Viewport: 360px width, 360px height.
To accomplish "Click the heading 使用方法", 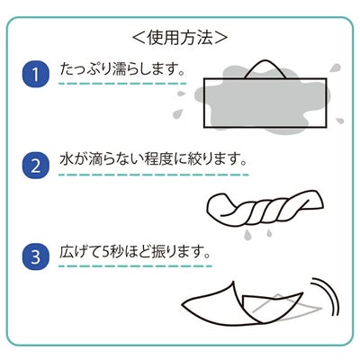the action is point(180,38).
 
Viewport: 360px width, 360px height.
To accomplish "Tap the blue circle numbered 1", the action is point(35,74).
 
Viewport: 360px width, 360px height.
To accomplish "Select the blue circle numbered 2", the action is point(35,166).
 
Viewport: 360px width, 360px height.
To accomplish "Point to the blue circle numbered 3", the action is point(35,256).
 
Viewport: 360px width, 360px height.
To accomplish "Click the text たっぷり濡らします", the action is point(118,69).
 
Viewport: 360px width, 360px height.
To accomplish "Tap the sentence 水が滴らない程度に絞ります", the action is point(149,159).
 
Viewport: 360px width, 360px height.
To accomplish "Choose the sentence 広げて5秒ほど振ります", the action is point(131,252).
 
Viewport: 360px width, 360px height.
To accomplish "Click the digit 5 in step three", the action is point(105,253).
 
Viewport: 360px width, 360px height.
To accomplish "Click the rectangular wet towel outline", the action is point(265,103).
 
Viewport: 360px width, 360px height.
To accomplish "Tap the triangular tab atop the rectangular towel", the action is point(265,69).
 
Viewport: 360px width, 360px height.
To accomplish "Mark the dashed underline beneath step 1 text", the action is point(122,84).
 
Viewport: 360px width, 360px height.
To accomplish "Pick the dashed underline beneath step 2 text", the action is point(154,175).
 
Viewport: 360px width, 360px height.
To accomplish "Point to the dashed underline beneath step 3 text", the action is point(135,265).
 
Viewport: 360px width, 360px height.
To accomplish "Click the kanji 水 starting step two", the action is point(67,159).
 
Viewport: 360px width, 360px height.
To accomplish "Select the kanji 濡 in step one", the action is point(121,69).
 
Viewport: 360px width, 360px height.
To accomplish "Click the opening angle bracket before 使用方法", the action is point(139,38).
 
